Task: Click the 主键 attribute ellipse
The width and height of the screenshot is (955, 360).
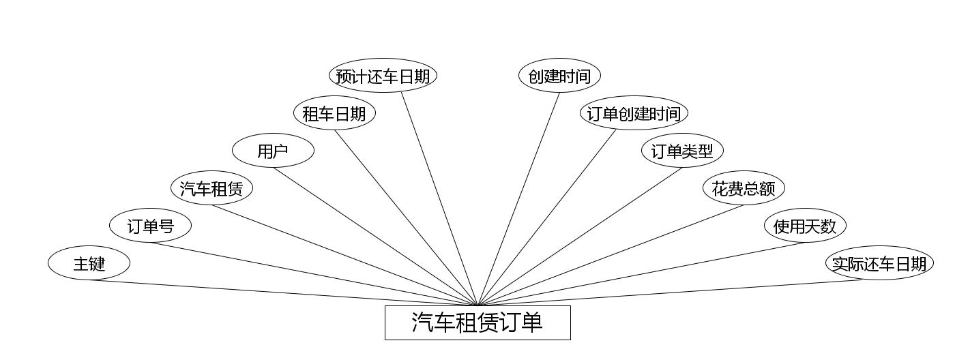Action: (x=89, y=263)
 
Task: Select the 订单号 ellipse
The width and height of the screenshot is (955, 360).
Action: (x=150, y=226)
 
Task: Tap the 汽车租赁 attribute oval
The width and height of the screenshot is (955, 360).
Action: (x=211, y=188)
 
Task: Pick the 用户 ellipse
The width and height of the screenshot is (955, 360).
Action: (x=273, y=151)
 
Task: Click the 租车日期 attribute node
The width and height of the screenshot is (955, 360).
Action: (x=334, y=113)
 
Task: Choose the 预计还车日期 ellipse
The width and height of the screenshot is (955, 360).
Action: (x=383, y=76)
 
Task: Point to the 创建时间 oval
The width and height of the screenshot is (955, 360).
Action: (x=559, y=76)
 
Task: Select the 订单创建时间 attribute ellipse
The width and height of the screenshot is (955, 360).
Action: (x=634, y=113)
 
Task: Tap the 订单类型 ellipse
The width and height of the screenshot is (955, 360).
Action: (x=682, y=151)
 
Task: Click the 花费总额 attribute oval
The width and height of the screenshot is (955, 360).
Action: (x=744, y=188)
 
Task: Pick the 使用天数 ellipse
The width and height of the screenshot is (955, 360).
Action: (x=805, y=226)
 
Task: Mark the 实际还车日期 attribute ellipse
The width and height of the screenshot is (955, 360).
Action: (x=879, y=263)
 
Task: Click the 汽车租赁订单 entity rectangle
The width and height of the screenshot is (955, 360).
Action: (x=477, y=322)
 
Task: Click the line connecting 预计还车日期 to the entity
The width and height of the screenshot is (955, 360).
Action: (x=439, y=198)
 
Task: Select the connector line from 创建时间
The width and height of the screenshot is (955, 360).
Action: (x=518, y=198)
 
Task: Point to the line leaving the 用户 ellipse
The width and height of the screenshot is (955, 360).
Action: (x=375, y=237)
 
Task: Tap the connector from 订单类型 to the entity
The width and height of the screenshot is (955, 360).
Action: (x=580, y=237)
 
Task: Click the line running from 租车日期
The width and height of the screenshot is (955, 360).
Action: (x=406, y=217)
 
